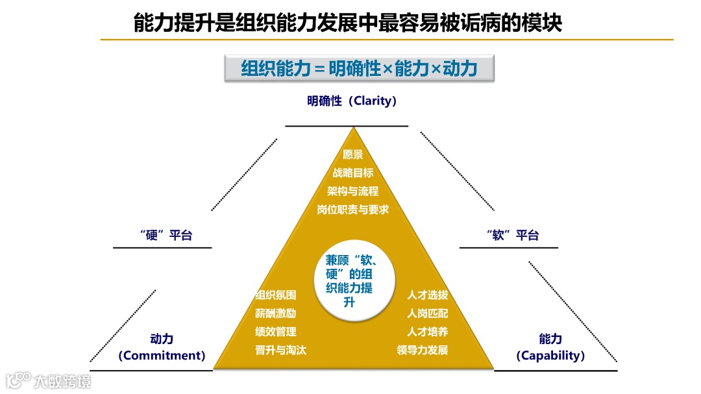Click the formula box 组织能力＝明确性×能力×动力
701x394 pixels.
360,68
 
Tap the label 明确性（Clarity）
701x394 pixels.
352,101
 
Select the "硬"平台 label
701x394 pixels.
166,235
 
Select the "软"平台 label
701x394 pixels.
512,235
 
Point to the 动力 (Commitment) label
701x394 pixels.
162,347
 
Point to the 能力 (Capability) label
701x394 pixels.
550,347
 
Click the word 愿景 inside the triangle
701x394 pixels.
352,154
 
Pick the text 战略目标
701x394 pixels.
352,173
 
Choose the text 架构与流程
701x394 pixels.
352,191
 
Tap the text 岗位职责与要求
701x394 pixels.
352,209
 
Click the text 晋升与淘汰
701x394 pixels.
281,350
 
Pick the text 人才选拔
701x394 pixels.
428,295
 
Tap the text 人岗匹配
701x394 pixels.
428,314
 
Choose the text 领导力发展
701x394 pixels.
423,350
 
